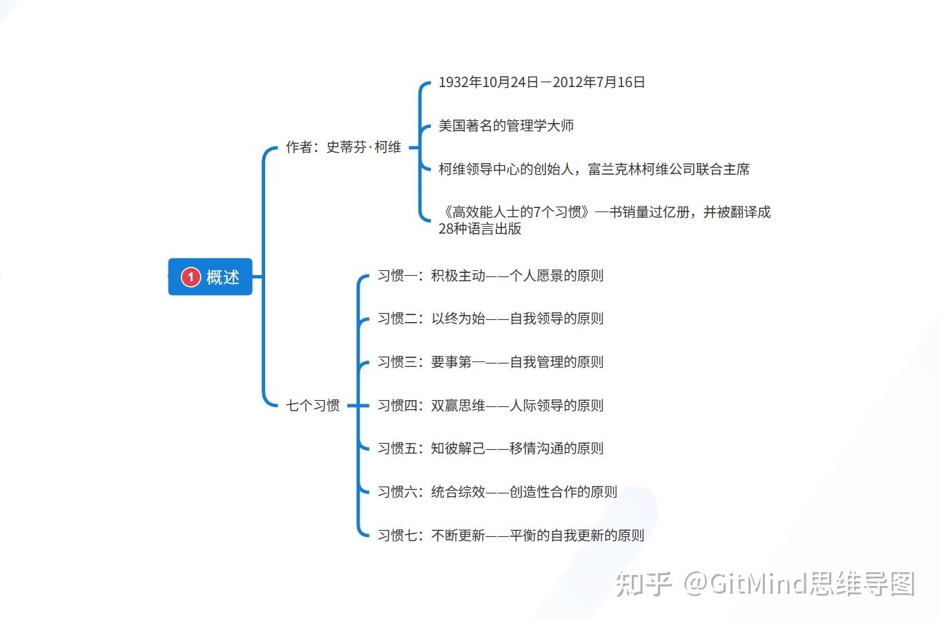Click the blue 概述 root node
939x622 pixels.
coord(211,277)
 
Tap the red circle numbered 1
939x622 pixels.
coord(191,277)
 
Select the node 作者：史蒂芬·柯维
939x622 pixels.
coord(343,147)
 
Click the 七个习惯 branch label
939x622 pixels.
coord(313,406)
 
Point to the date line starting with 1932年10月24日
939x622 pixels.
coord(541,82)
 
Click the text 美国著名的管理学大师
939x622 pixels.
coord(506,126)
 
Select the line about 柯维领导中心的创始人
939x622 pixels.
coord(594,169)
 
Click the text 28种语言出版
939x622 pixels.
coord(480,229)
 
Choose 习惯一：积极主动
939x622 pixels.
coord(490,276)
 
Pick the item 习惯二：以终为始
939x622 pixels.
coord(490,319)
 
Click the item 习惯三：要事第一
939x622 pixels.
coord(490,362)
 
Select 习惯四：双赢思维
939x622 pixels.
coord(490,406)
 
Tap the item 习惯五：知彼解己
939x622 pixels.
coord(490,449)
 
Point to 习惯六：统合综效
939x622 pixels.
coord(497,492)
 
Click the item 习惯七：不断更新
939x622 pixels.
coord(510,536)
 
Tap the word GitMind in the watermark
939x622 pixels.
coord(758,584)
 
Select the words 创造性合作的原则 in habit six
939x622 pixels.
coord(563,492)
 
